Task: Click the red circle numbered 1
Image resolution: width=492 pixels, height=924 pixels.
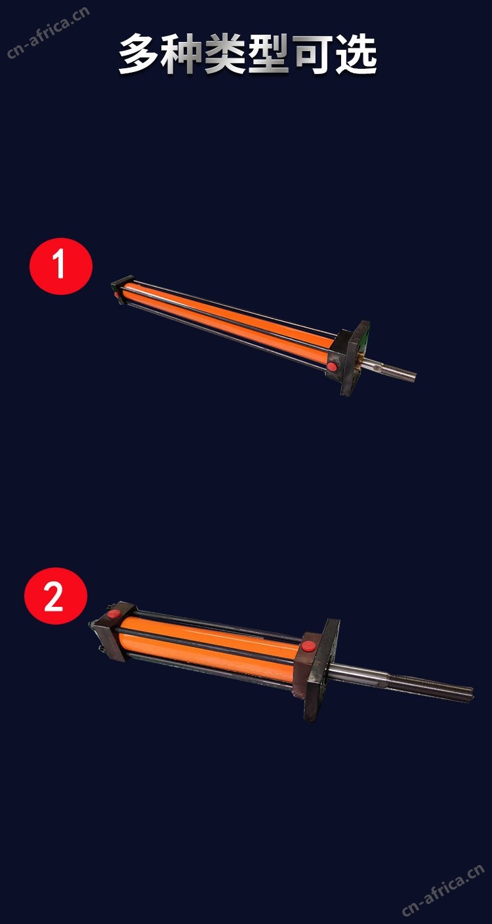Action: tap(61, 266)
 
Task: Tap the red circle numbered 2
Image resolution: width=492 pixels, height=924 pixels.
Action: tap(56, 596)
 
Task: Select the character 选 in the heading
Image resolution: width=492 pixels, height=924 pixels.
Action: tap(356, 54)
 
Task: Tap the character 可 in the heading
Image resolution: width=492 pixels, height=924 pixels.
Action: tap(313, 54)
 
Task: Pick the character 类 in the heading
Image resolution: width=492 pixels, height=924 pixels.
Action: tap(226, 54)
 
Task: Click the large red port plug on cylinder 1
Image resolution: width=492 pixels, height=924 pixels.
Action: tap(332, 366)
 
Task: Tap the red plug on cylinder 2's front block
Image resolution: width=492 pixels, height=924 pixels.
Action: tap(308, 646)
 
